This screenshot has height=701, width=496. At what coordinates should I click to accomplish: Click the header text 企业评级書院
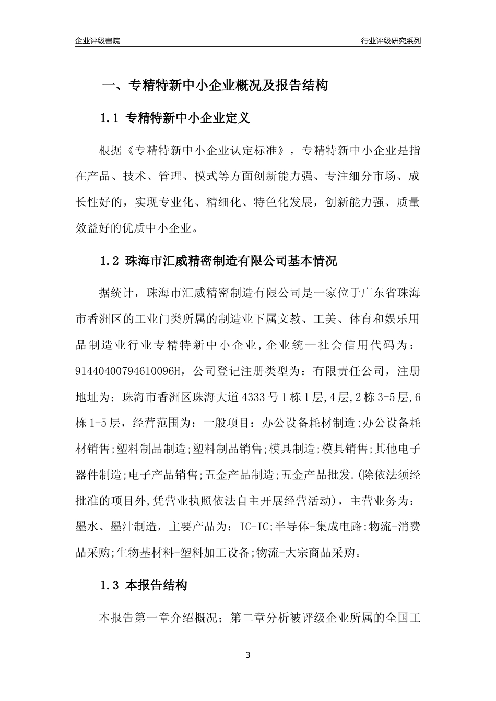click(98, 41)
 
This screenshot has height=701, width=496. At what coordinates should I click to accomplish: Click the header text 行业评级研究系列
click(391, 41)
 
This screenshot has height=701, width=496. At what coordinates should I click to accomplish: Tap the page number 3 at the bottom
click(248, 655)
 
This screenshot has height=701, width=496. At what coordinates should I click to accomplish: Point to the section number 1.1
click(110, 118)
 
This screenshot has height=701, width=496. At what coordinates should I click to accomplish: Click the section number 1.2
click(110, 261)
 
